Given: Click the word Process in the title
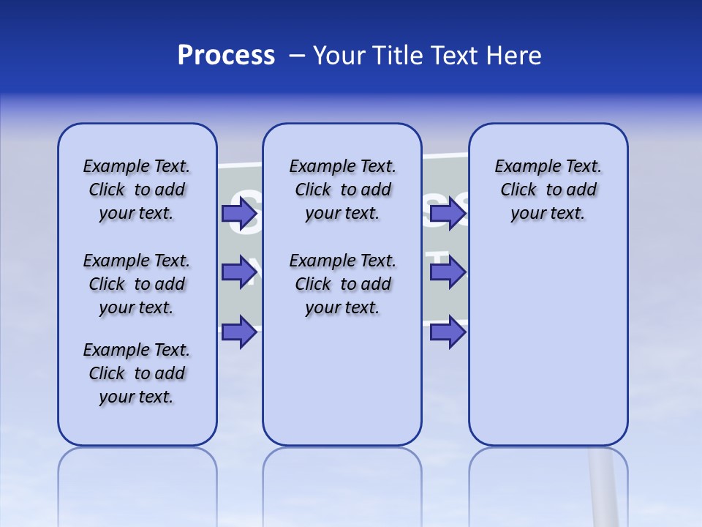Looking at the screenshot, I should click(x=225, y=56).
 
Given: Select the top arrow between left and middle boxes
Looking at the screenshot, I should click(x=239, y=213).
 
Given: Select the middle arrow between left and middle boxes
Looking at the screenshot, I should click(x=239, y=272).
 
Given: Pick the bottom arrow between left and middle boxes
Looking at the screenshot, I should click(x=239, y=332).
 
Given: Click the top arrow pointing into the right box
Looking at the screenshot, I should click(x=448, y=213).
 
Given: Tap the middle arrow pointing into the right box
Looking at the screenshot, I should click(x=448, y=272).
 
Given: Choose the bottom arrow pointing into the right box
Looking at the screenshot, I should click(x=448, y=332).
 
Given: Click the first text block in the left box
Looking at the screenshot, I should click(x=137, y=190).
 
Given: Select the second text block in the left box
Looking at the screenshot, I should click(x=137, y=284).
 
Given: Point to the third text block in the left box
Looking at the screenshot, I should click(x=137, y=373).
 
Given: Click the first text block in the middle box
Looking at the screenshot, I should click(x=342, y=190).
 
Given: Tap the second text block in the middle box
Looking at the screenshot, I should click(x=342, y=284).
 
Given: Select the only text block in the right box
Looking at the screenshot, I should click(x=548, y=190).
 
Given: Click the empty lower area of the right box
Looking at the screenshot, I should click(x=548, y=351).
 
